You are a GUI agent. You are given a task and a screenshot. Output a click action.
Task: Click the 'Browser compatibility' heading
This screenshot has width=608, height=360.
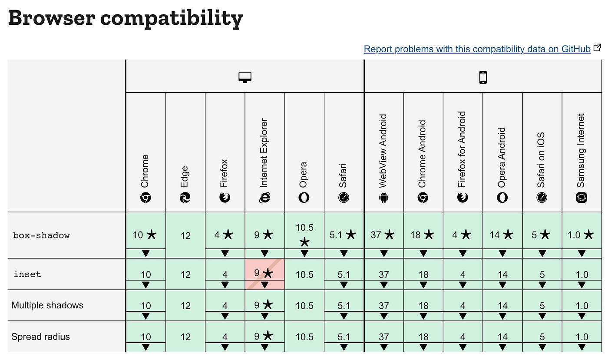point(125,18)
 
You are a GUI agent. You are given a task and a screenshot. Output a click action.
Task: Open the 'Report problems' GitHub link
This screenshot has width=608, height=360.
point(477,49)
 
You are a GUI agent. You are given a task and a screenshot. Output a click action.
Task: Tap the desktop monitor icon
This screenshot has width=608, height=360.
point(245,77)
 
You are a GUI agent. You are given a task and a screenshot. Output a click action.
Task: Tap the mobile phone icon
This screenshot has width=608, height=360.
point(483,77)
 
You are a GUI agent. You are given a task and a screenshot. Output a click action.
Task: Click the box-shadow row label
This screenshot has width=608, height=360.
point(41,235)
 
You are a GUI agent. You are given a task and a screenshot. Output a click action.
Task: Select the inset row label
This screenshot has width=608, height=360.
point(27,274)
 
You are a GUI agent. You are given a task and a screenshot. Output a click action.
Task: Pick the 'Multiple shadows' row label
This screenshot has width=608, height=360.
point(47,305)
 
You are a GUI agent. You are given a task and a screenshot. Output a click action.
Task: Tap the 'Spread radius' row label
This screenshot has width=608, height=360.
point(40,337)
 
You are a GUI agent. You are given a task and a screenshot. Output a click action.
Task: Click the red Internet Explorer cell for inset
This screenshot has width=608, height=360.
point(264,274)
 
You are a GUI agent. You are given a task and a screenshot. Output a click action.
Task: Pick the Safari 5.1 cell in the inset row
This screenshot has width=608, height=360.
point(344,274)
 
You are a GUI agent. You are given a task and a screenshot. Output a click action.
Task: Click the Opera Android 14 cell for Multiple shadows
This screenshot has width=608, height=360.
point(502,306)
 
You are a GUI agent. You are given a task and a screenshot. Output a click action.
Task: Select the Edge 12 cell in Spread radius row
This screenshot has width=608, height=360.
point(185,337)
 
